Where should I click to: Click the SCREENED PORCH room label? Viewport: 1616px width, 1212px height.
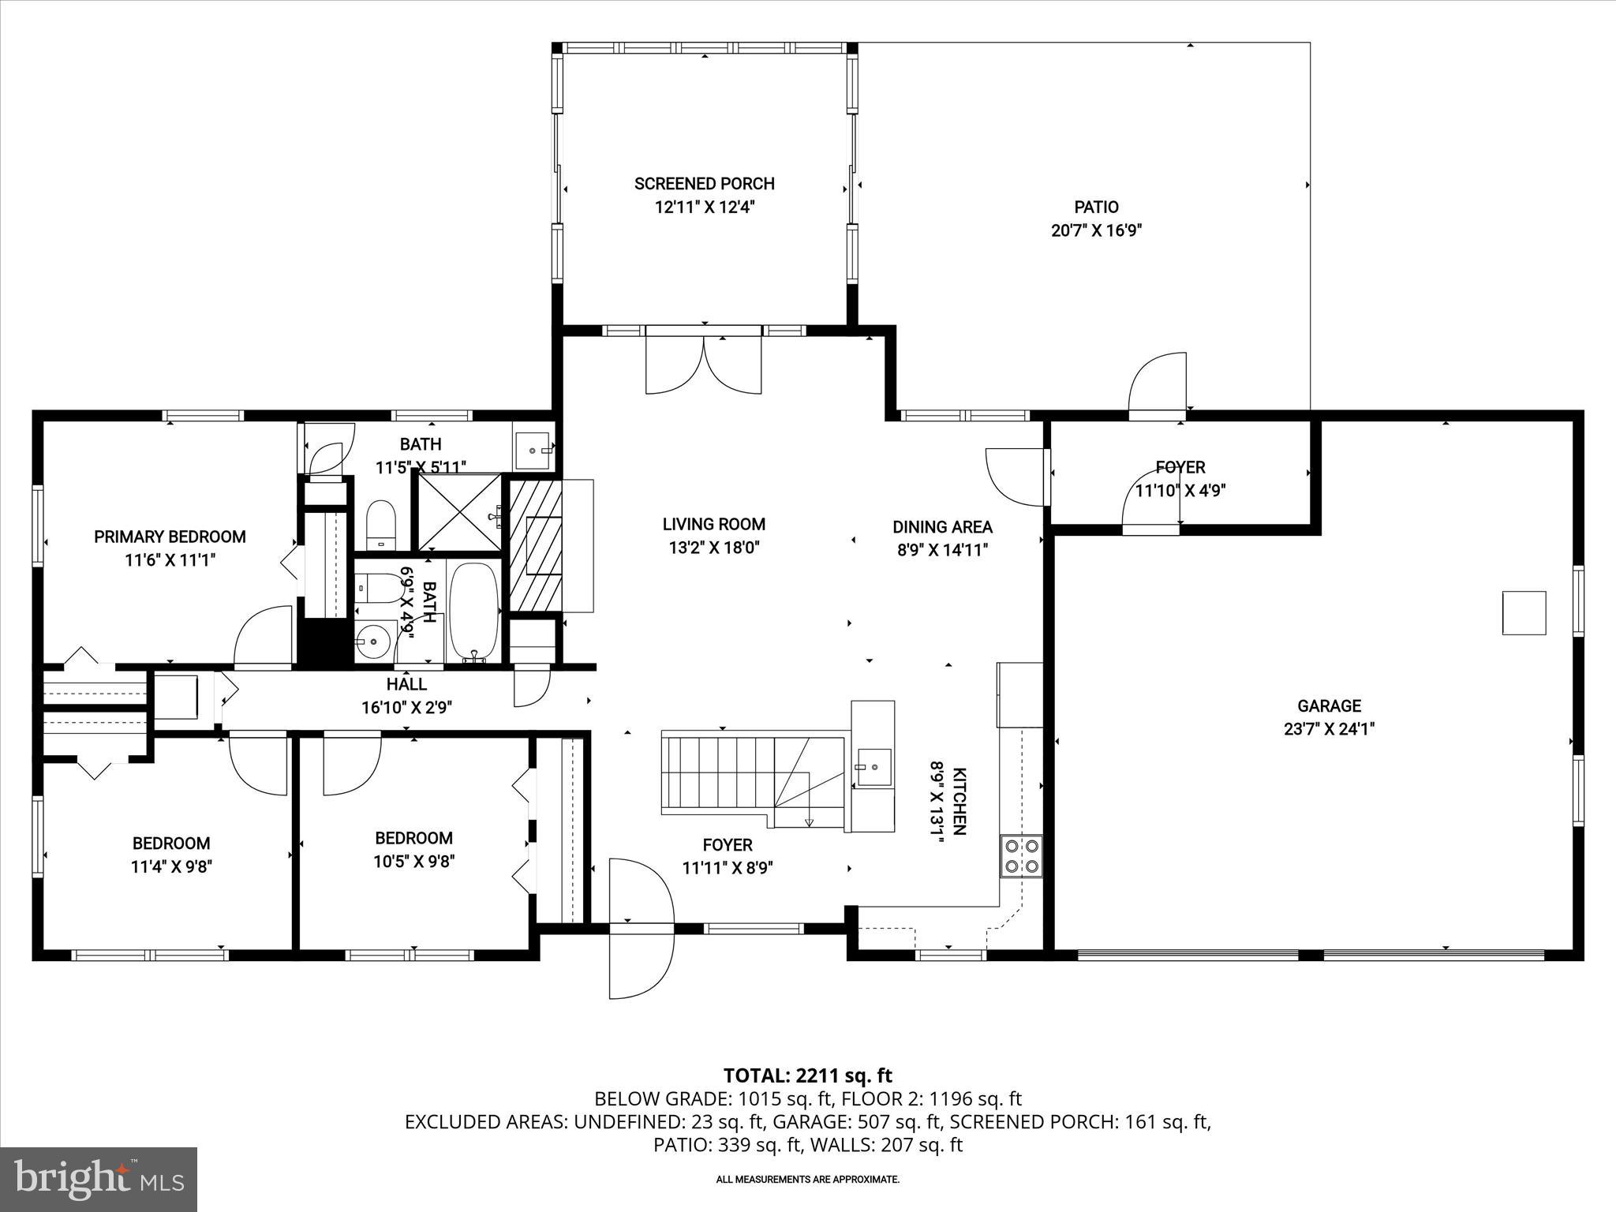pos(704,184)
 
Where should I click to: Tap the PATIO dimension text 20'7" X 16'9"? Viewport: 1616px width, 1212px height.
pos(1096,230)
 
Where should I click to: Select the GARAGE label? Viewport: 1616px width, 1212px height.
pos(1329,705)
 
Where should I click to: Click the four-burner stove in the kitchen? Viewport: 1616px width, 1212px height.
pos(1021,856)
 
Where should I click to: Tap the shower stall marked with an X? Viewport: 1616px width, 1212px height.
pos(458,512)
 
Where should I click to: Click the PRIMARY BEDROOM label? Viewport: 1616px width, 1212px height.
pos(170,537)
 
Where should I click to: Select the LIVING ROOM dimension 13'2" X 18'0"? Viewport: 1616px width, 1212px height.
pos(713,547)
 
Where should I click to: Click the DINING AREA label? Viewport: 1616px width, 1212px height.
pos(942,526)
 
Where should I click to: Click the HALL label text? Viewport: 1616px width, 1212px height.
pos(406,684)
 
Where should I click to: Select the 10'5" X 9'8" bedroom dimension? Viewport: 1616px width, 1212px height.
pos(413,861)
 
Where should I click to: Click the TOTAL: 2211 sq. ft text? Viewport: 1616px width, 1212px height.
pos(807,1075)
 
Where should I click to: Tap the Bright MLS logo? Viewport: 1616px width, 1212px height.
pos(99,1179)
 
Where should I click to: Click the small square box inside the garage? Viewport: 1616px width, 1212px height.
pos(1523,612)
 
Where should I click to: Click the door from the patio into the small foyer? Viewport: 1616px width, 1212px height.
pos(1158,387)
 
